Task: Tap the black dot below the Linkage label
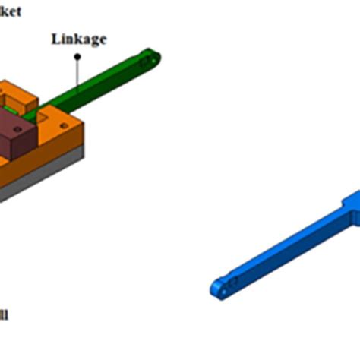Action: (x=77, y=83)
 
